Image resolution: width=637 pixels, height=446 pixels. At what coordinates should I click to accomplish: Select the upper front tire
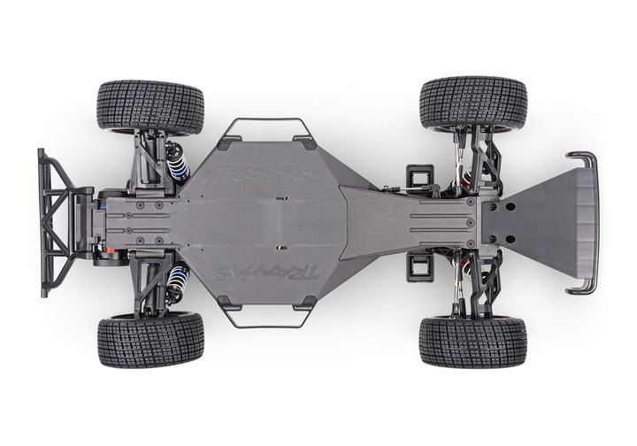click(x=473, y=102)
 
